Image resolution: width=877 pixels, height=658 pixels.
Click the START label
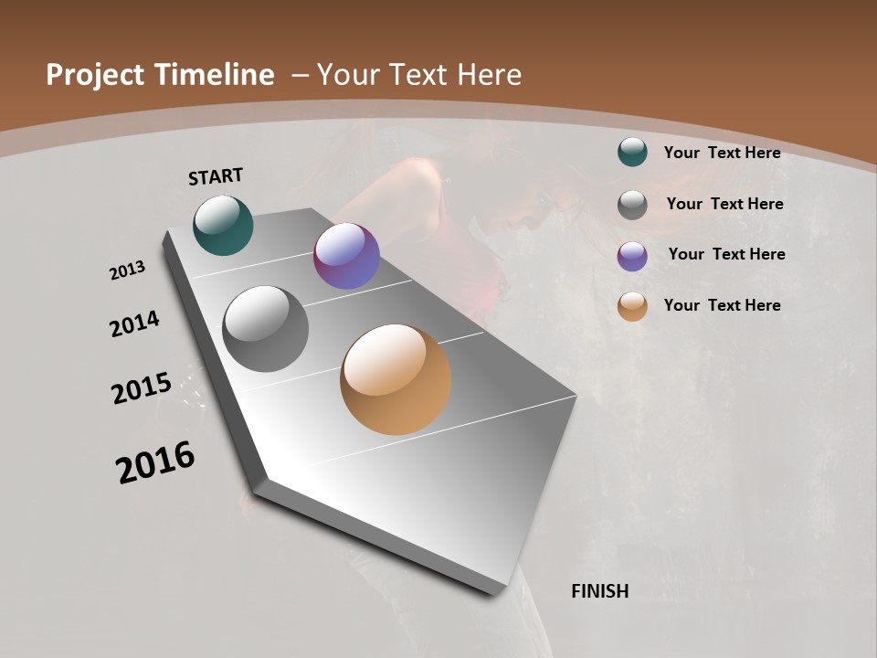216,176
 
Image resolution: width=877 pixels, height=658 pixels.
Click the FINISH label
599,591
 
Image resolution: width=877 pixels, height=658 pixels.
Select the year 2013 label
127,271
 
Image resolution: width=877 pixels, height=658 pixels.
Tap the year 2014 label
134,324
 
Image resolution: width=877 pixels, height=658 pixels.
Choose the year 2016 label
155,462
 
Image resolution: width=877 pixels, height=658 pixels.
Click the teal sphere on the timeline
223,225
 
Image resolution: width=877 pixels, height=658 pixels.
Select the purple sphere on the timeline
346,257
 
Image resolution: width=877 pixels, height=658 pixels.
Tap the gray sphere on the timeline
266,329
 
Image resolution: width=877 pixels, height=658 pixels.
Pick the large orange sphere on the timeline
396,379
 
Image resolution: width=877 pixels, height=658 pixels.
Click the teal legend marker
632,153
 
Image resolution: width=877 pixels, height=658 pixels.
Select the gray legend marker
632,205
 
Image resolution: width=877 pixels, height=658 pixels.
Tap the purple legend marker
632,256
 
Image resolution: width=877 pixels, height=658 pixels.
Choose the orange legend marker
632,307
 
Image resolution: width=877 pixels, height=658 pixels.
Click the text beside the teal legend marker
722,153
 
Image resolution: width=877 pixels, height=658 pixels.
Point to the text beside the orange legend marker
722,305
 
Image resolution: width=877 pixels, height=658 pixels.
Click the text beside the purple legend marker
726,254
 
